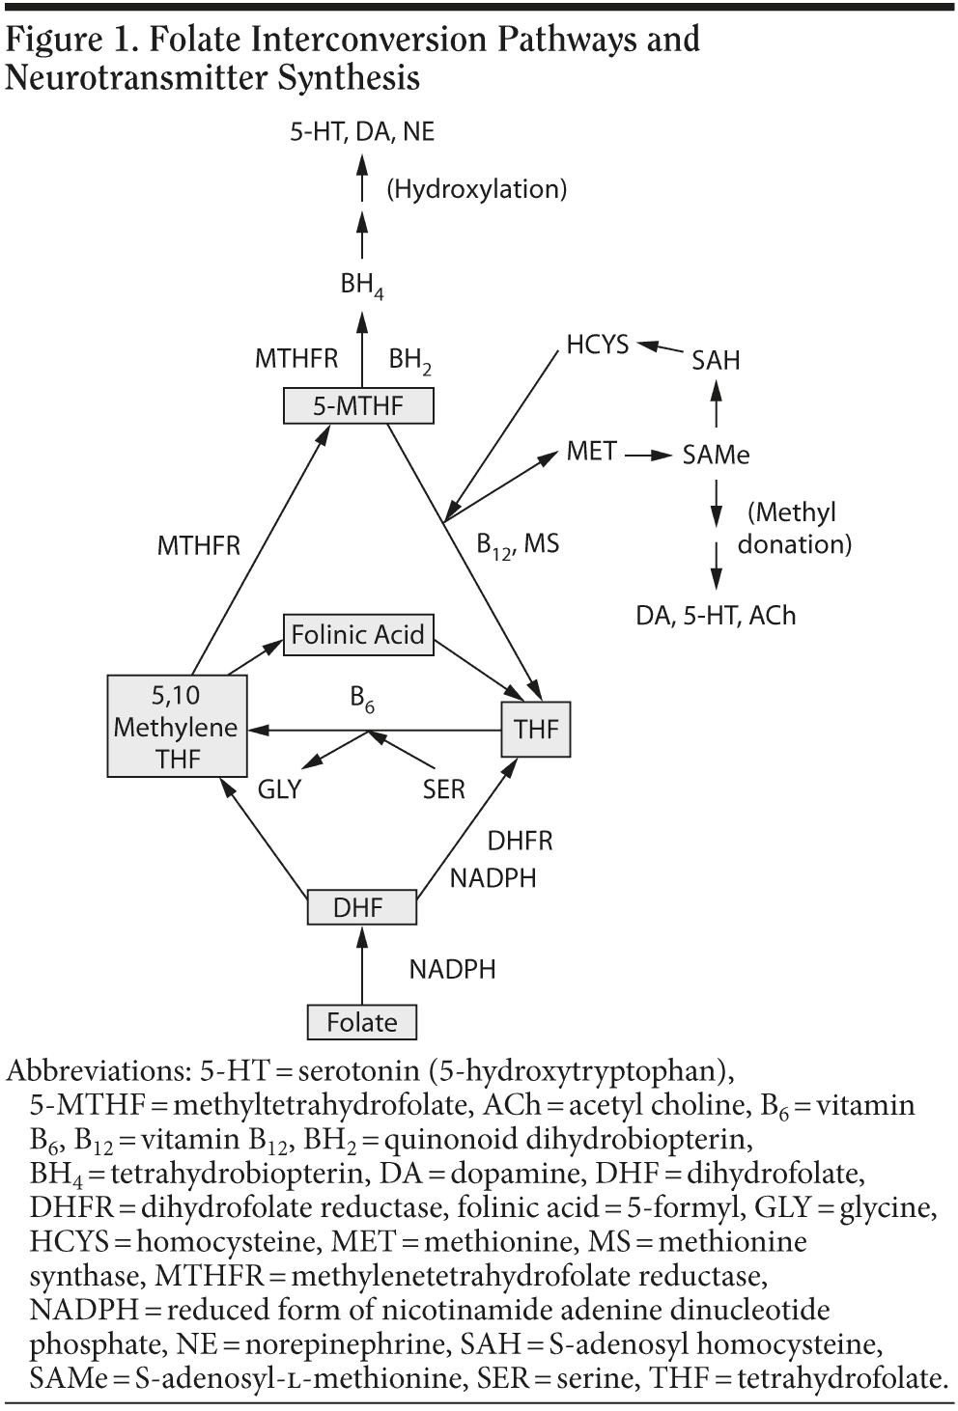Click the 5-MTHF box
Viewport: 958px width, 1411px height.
click(357, 405)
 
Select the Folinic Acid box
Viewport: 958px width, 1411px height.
click(357, 634)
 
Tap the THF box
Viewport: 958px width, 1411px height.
click(536, 729)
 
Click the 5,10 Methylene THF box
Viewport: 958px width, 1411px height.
click(176, 727)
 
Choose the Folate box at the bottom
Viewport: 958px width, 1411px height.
click(361, 1022)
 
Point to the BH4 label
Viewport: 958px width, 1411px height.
click(361, 285)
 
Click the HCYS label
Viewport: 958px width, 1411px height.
click(597, 345)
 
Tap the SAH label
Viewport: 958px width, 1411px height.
click(716, 360)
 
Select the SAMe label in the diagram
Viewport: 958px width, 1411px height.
click(716, 455)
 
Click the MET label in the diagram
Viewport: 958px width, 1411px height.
click(591, 451)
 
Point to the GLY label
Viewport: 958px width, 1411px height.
click(279, 789)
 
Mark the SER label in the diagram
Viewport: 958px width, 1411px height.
click(443, 789)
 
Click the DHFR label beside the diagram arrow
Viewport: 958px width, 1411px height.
click(520, 841)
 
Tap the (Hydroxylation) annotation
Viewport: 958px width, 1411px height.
click(476, 188)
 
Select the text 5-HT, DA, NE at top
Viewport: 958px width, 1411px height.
click(362, 131)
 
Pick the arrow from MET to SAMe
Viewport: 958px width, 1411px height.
click(648, 454)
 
